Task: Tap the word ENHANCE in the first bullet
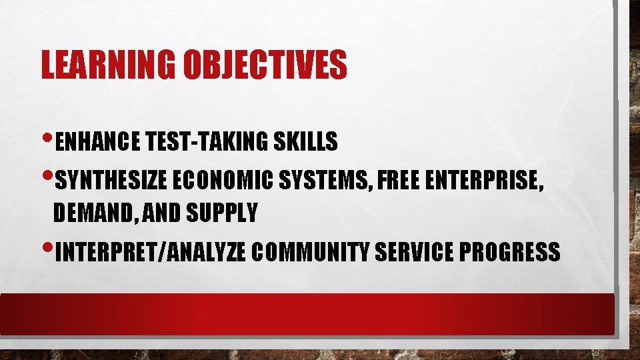pos(97,141)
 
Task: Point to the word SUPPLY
pos(223,213)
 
